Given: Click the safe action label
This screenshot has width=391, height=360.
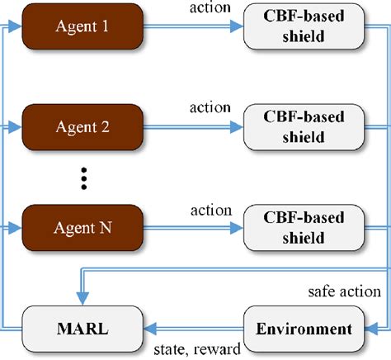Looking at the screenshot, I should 344,291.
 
